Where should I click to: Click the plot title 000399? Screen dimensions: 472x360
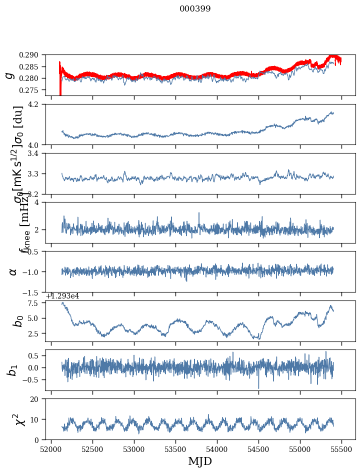195,9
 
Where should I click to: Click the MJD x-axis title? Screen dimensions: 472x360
200,461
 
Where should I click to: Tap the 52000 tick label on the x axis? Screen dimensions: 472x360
51,449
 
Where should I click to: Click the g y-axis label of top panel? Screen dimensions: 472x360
9,75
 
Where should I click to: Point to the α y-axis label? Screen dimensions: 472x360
13,271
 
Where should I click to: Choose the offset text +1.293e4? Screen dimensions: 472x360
62,296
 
